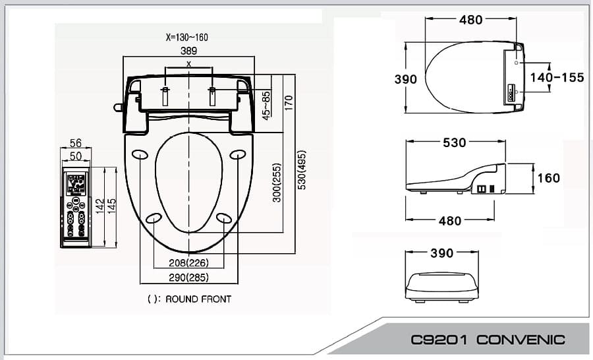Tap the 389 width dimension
(188, 50)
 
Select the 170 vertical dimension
(289, 103)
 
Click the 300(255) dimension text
(277, 183)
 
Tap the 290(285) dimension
(188, 277)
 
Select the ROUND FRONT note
(190, 299)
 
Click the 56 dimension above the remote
(76, 143)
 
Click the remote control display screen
(75, 181)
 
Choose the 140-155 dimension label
(557, 78)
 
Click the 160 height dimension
(548, 178)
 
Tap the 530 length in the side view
(454, 142)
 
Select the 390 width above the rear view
(441, 253)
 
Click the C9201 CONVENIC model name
(488, 340)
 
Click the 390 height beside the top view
(405, 79)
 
